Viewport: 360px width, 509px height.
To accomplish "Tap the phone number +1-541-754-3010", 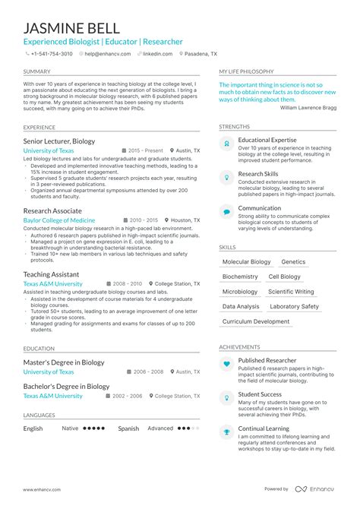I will point(51,55).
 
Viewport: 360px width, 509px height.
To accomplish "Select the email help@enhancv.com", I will point(104,55).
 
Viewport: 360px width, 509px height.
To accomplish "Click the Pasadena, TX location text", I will point(201,55).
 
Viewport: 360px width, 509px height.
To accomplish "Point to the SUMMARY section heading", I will point(36,71).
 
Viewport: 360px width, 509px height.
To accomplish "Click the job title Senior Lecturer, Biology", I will point(59,141).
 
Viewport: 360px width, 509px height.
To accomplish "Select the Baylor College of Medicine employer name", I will point(59,220).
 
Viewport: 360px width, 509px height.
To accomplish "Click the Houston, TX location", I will point(186,220).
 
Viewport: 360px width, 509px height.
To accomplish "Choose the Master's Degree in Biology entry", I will point(64,362).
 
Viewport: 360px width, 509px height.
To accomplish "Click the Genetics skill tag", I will point(293,262).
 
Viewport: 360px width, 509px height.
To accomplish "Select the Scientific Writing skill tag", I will point(291,292).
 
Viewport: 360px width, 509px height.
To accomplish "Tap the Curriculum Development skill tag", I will point(256,321).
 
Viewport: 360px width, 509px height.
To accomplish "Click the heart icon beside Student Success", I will point(226,397).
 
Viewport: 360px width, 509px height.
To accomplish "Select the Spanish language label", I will point(128,428).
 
